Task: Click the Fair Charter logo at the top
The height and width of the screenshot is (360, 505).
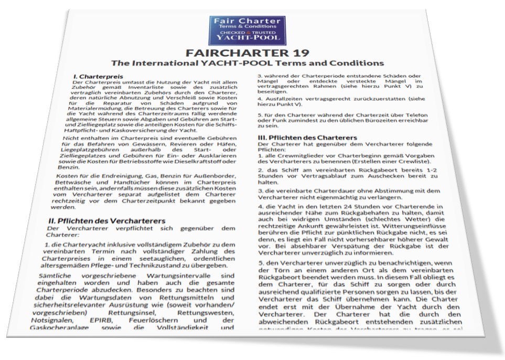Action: [247, 30]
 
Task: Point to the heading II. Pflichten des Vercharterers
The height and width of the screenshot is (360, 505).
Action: [106, 221]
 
